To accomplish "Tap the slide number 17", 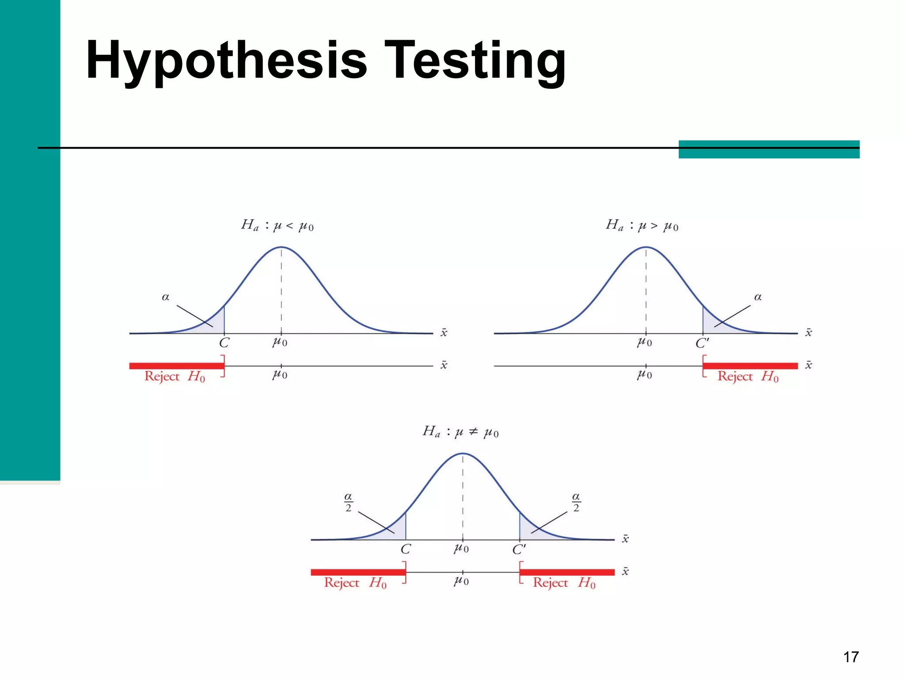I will pyautogui.click(x=851, y=657).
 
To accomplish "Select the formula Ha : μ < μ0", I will pyautogui.click(x=278, y=225).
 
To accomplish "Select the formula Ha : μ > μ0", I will pyautogui.click(x=642, y=225).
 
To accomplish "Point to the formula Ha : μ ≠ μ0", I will pyautogui.click(x=460, y=431).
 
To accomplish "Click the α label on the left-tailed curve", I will pyautogui.click(x=166, y=297).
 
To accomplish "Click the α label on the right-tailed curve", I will pyautogui.click(x=758, y=297).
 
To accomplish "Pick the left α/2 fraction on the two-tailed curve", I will pyautogui.click(x=348, y=502).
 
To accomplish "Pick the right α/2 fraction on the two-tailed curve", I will pyautogui.click(x=576, y=502).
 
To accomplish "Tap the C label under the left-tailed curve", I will pyautogui.click(x=224, y=343).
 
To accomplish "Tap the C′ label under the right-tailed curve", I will pyautogui.click(x=702, y=343).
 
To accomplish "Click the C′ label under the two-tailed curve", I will pyautogui.click(x=519, y=549).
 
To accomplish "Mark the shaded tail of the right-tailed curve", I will pyautogui.click(x=711, y=324).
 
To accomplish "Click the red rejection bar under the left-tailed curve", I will pyautogui.click(x=177, y=366).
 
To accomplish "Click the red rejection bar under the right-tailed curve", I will pyautogui.click(x=750, y=366).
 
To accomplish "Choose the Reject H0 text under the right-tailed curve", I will pyautogui.click(x=748, y=377).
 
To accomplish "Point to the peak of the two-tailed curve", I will pyautogui.click(x=463, y=454).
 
